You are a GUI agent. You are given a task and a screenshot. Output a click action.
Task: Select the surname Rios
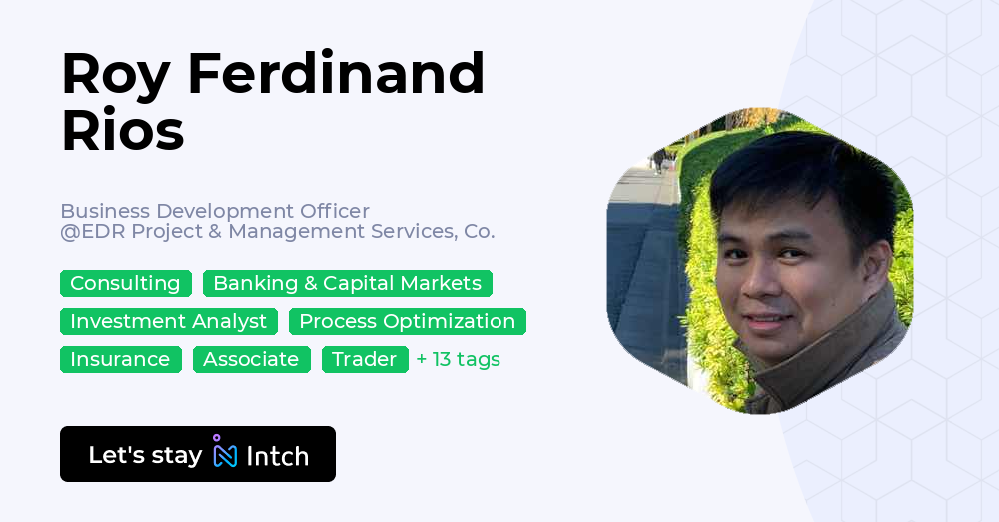click(x=122, y=130)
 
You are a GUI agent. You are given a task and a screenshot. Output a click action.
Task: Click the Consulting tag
click(x=125, y=284)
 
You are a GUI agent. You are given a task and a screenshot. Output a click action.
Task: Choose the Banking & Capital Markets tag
click(x=347, y=284)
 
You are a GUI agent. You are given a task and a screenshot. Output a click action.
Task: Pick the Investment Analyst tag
click(x=168, y=322)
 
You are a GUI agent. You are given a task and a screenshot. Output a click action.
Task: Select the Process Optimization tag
click(x=407, y=322)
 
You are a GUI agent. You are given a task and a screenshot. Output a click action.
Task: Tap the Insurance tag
click(x=120, y=360)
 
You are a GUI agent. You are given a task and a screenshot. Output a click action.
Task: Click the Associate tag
click(x=251, y=360)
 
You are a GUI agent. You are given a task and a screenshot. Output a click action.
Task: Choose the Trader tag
click(x=365, y=360)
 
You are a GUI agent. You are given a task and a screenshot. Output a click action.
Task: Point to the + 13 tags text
click(x=458, y=360)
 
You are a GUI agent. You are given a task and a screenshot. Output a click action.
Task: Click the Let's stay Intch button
click(x=197, y=455)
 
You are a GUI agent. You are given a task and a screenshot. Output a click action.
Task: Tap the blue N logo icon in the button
click(x=225, y=455)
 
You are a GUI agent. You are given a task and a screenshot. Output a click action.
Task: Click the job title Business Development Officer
click(x=215, y=211)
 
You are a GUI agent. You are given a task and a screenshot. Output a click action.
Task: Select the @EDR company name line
click(x=277, y=232)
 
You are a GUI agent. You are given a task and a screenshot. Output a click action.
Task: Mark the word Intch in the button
click(x=277, y=457)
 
